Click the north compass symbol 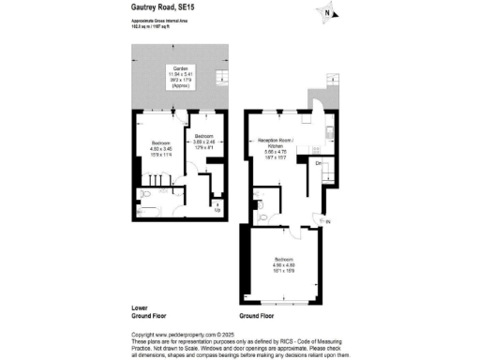pyautogui.click(x=326, y=12)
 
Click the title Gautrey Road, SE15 pyautogui.click(x=160, y=6)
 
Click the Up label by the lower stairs pyautogui.click(x=217, y=210)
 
